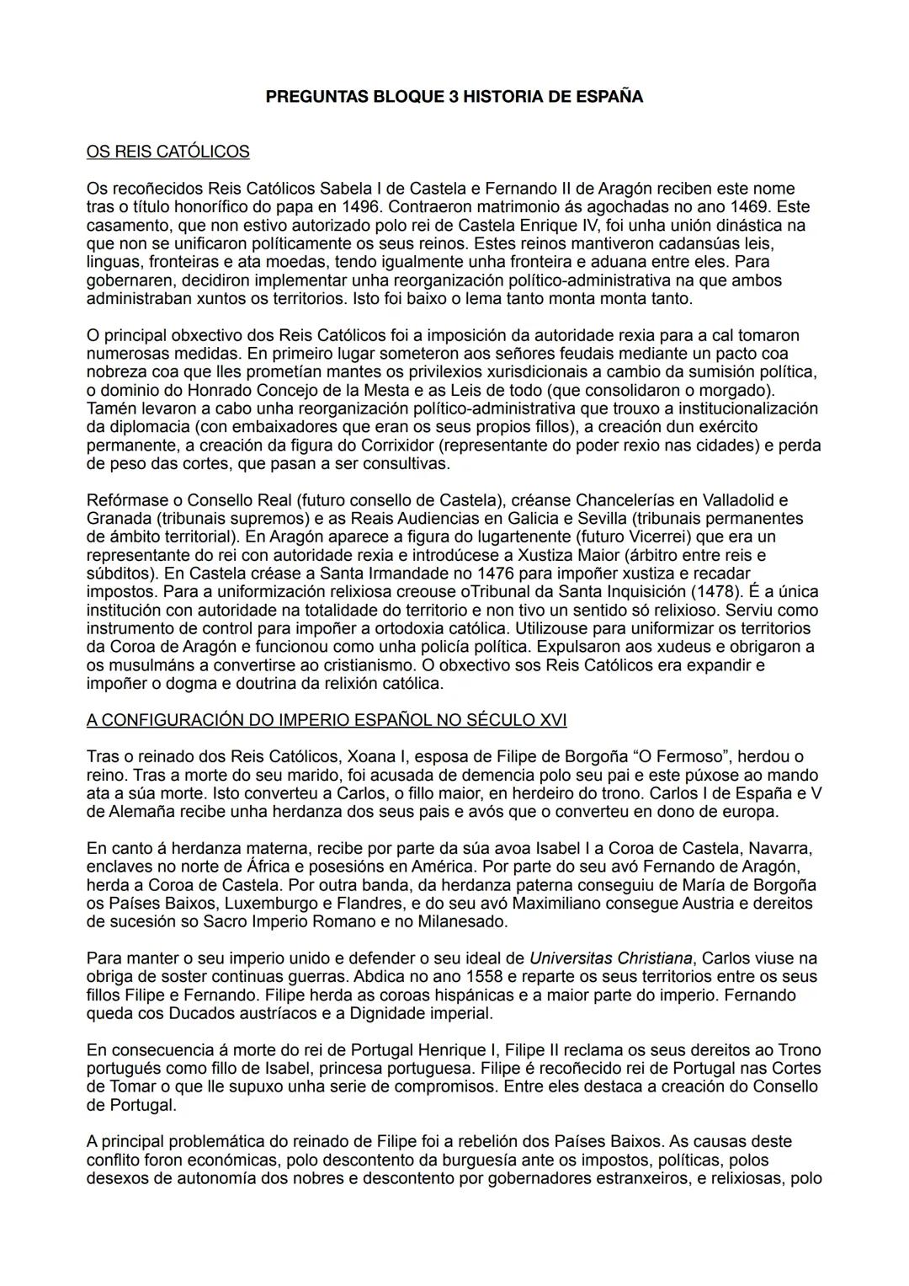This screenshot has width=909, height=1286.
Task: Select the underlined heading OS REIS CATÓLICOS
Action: (167, 152)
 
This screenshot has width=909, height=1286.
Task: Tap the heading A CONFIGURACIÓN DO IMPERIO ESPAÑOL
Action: (327, 720)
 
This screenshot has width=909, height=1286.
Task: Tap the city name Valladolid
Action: (731, 500)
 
